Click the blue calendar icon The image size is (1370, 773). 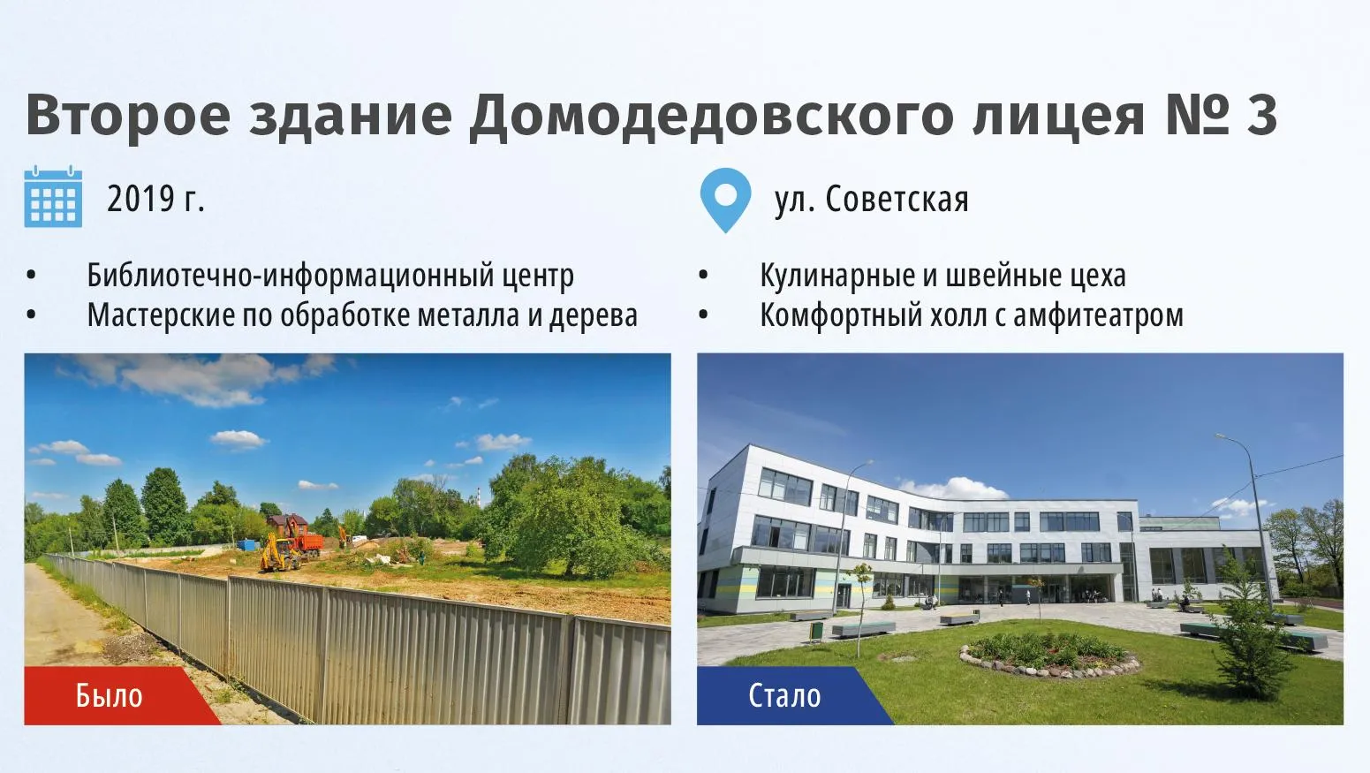pyautogui.click(x=53, y=196)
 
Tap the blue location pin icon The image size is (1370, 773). pyautogui.click(x=725, y=200)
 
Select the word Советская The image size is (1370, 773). pyautogui.click(x=897, y=200)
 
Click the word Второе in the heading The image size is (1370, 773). pyautogui.click(x=128, y=117)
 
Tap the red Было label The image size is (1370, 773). pyautogui.click(x=109, y=696)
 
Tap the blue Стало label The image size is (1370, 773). pyautogui.click(x=784, y=696)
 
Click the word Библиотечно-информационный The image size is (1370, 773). pyautogui.click(x=291, y=276)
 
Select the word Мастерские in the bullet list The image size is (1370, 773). pyautogui.click(x=160, y=315)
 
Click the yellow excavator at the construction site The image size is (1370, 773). pyautogui.click(x=280, y=553)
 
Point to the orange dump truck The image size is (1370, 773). pyautogui.click(x=307, y=543)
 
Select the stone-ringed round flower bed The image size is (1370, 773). pyautogui.click(x=1049, y=656)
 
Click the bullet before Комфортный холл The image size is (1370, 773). pyautogui.click(x=703, y=315)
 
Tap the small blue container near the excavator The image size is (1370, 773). pyautogui.click(x=248, y=544)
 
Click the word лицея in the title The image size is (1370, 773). pyautogui.click(x=1058, y=117)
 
